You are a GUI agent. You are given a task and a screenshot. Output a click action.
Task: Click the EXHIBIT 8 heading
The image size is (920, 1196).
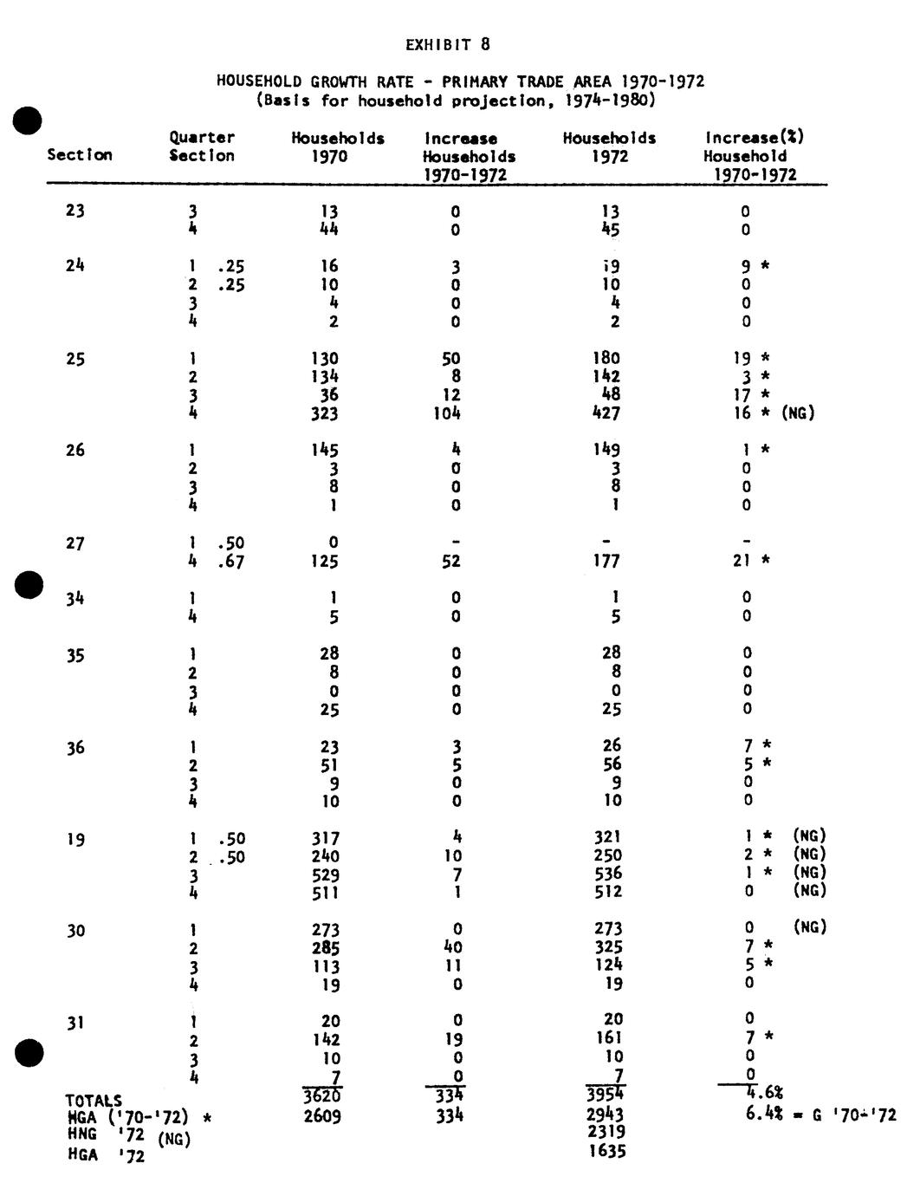tap(447, 44)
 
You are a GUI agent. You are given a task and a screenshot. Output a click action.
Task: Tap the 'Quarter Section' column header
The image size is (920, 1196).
tap(202, 146)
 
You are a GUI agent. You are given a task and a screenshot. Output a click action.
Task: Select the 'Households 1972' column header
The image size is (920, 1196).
tap(609, 147)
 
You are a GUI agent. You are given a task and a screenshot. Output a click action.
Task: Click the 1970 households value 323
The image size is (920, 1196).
tap(325, 413)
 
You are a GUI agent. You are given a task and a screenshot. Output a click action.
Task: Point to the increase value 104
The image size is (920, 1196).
tap(447, 413)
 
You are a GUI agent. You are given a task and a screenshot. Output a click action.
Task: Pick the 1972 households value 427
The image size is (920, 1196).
tap(606, 413)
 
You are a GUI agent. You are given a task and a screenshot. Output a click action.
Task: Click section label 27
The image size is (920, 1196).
tap(75, 543)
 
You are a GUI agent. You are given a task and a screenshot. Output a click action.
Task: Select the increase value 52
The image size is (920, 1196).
tap(450, 562)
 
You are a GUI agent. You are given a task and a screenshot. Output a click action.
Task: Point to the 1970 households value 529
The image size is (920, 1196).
tap(325, 874)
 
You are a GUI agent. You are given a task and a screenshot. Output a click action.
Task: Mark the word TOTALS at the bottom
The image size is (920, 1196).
tap(94, 1101)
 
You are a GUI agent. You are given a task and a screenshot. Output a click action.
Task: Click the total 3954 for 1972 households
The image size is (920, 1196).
tap(605, 1096)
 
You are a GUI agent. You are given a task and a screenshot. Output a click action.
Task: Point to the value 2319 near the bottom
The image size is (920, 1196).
tap(606, 1132)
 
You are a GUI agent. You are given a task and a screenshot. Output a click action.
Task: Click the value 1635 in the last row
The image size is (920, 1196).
tap(606, 1151)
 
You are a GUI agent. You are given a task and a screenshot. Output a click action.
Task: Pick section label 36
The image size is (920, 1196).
tap(75, 748)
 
